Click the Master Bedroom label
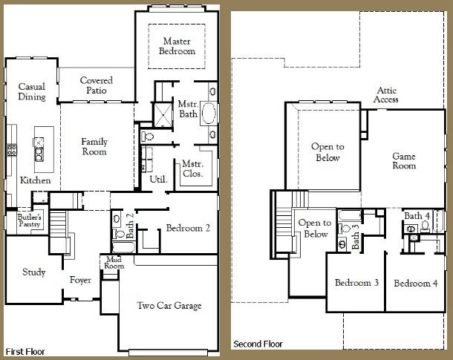tap(177, 46)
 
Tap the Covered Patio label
tap(96, 85)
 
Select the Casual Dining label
tap(32, 91)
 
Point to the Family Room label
tap(94, 146)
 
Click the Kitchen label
tap(36, 180)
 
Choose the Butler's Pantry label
tap(30, 220)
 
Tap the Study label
tap(33, 272)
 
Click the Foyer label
tap(80, 281)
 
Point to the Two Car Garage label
tap(169, 305)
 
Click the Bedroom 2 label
tap(188, 229)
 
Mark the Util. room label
tap(158, 179)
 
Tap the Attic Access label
tap(386, 94)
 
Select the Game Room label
tap(403, 161)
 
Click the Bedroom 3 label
tap(356, 283)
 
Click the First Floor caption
tap(27, 350)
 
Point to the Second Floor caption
tap(259, 344)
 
